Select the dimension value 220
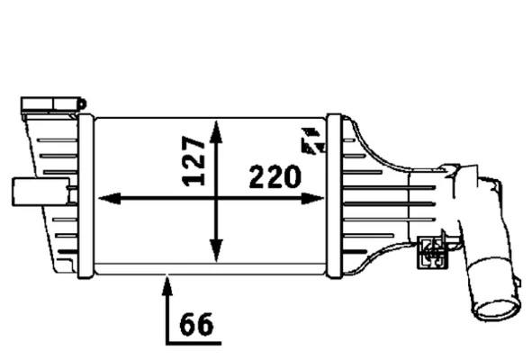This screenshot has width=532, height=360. (x=274, y=177)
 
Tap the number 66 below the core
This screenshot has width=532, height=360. (x=196, y=324)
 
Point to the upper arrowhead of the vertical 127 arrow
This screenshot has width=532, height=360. (x=216, y=128)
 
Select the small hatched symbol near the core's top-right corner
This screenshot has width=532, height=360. (x=312, y=139)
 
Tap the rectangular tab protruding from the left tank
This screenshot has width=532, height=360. (x=24, y=192)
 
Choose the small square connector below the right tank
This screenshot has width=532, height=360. (x=432, y=251)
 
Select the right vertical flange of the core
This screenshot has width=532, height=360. (x=333, y=193)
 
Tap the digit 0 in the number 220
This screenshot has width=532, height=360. (x=290, y=177)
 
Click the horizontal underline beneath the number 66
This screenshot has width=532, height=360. (x=193, y=343)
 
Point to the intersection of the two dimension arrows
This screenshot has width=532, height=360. (x=216, y=199)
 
